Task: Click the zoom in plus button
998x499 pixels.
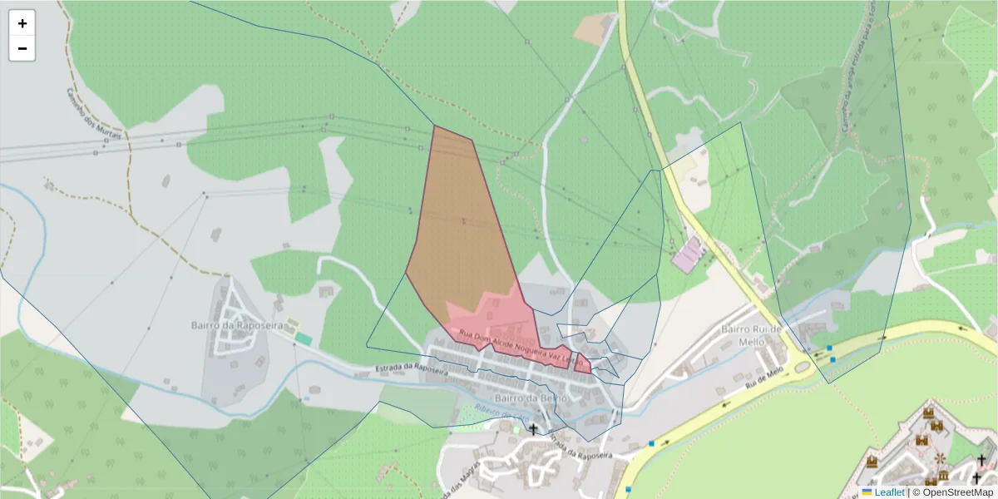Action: click(22, 23)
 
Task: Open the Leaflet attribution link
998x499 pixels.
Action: click(889, 492)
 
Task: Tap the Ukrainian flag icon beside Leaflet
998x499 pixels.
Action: click(867, 492)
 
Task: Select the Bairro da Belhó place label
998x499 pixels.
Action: click(530, 398)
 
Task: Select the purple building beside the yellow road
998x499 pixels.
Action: click(687, 254)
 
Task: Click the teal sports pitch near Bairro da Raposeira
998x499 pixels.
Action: click(304, 339)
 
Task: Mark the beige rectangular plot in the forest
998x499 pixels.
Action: click(592, 30)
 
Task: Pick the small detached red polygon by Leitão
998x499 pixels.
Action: click(583, 364)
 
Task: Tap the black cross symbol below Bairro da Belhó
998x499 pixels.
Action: click(533, 429)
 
